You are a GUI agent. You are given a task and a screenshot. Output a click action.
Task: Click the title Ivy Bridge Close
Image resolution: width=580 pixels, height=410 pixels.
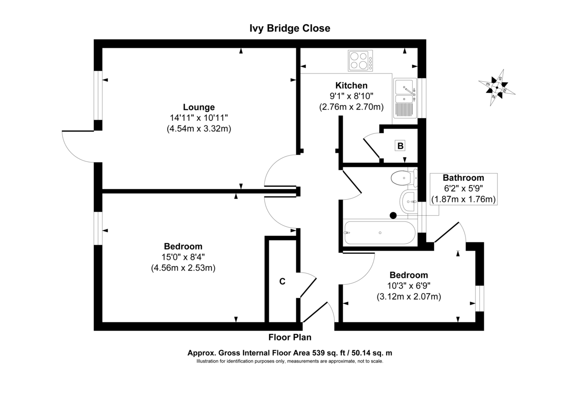[290, 29]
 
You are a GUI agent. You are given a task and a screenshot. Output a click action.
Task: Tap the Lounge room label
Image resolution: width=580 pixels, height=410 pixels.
[198, 107]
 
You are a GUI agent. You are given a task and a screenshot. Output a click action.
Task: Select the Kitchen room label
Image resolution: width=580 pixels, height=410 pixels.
[351, 86]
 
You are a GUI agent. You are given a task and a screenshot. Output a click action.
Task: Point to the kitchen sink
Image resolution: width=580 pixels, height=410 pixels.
[405, 98]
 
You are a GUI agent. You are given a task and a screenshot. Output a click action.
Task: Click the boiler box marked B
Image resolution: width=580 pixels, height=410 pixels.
[400, 145]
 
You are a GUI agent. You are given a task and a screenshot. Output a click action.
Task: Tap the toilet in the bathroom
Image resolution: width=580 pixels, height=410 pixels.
[403, 178]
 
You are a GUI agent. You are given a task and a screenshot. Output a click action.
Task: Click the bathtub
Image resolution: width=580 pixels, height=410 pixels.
[378, 233]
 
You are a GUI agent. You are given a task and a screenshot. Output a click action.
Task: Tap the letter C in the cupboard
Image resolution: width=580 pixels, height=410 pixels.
[282, 281]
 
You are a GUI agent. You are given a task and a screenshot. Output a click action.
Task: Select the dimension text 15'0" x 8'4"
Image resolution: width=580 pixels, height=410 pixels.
[183, 257]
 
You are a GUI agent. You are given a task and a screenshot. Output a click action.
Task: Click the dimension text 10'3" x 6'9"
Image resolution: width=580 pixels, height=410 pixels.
[408, 286]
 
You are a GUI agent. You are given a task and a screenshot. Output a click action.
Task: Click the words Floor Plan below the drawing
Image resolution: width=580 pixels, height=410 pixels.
[290, 337]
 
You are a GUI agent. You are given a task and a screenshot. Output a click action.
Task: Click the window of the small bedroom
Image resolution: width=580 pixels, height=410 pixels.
[479, 298]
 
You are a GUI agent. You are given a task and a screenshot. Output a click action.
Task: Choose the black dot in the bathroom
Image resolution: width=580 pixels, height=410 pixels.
[393, 215]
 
